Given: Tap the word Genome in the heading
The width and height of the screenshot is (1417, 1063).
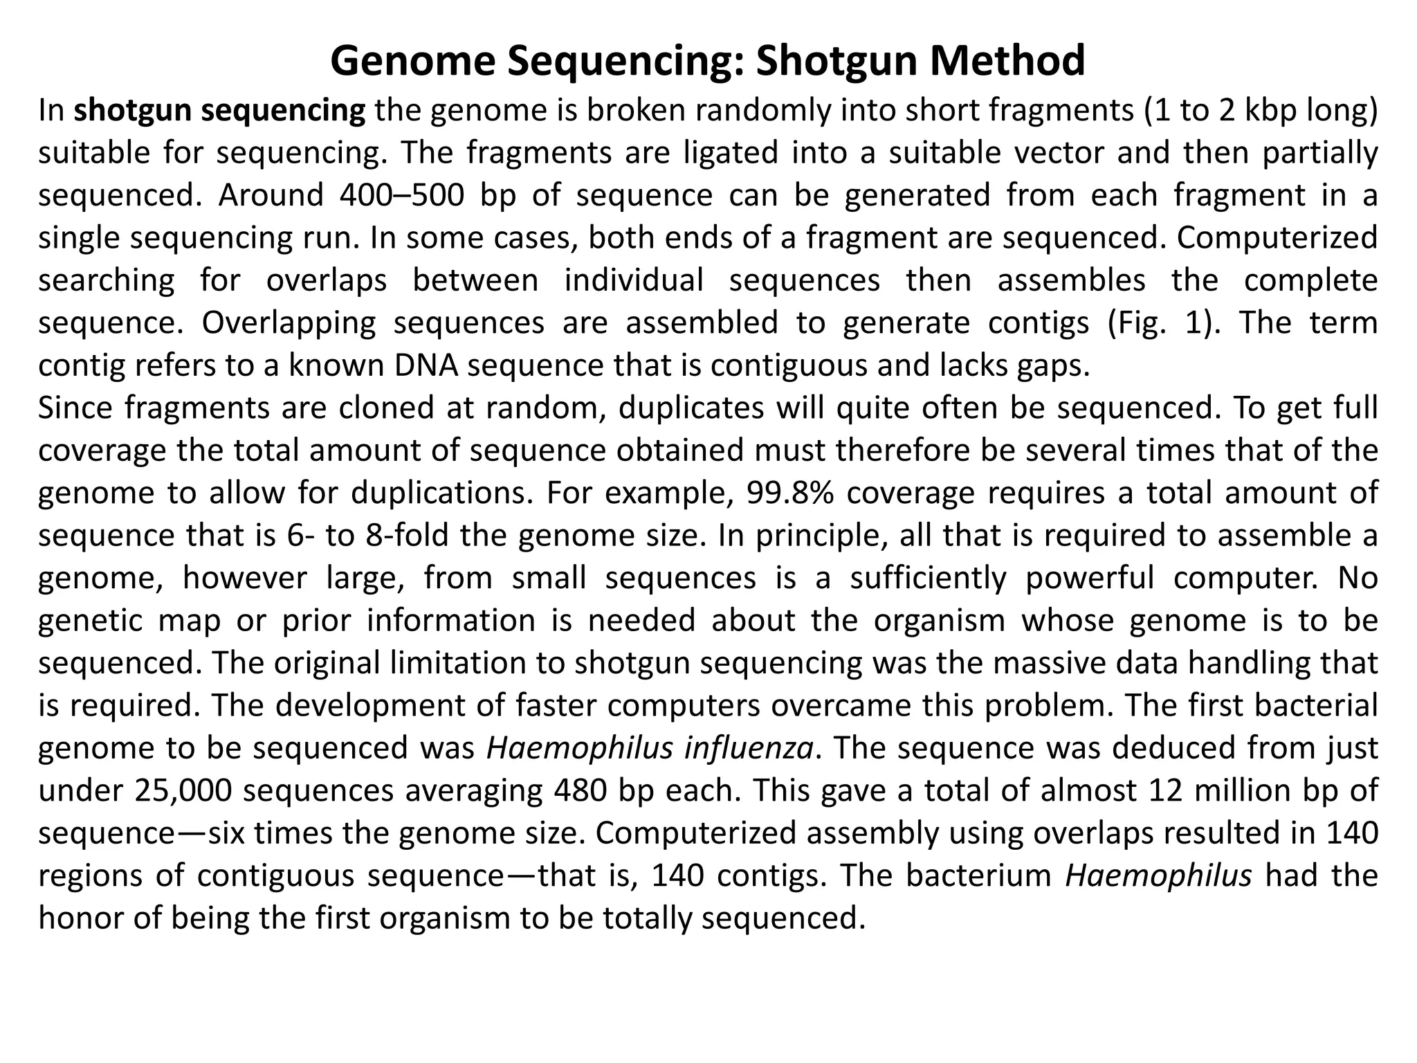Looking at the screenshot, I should pos(412,61).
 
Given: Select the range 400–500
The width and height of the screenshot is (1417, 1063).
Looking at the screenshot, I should pos(402,196).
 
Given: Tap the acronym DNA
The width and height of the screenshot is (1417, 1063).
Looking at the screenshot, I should pos(426,365).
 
